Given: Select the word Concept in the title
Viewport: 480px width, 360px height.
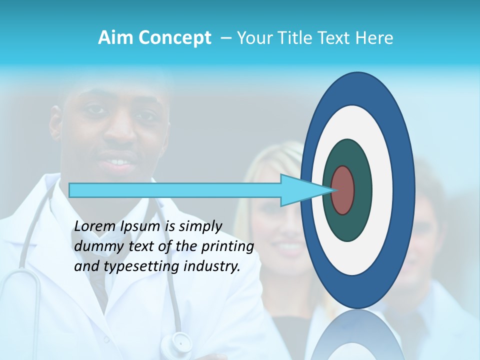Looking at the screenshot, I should (174, 38).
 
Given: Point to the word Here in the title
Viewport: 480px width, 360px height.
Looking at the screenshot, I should (374, 38).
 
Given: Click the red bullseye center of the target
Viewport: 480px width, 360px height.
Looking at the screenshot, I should (342, 190).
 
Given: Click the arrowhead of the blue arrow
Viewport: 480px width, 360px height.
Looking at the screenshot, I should (300, 190).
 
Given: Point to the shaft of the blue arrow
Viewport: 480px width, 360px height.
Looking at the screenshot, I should (175, 190).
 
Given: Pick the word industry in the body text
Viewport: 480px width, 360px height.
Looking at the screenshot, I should (212, 267).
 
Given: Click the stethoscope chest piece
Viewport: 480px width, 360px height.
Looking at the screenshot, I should (180, 342).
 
